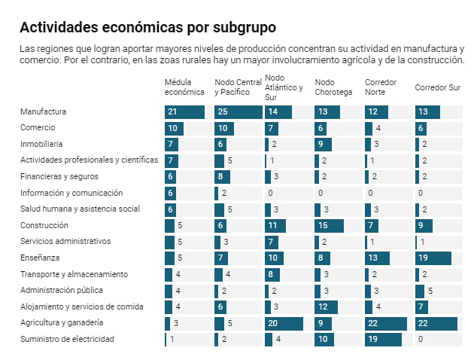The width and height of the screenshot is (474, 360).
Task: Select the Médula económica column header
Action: coord(184,87)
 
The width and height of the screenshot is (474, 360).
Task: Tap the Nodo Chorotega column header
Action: coord(333,87)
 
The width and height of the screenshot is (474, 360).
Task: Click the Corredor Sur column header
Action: coord(437,87)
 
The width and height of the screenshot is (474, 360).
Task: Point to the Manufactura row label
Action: coord(43,111)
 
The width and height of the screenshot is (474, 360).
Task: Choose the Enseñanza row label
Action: coord(41,258)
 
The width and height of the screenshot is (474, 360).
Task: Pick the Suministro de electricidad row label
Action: coord(67,339)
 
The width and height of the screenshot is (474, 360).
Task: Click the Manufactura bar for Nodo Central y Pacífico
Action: coord(237,112)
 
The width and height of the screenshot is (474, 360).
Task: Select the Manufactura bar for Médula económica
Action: coord(184,112)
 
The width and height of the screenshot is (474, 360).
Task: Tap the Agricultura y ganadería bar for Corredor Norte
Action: coord(385,323)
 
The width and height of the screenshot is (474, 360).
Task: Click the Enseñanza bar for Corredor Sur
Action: coord(433,258)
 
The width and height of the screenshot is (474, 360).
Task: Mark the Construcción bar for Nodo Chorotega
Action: coord(329,225)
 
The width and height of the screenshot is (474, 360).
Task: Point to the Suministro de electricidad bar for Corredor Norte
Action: coord(382,339)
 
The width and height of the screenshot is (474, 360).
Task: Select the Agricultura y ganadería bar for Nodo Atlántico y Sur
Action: coord(284,323)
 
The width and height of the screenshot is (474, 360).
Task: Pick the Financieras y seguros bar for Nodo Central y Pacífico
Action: coord(222,177)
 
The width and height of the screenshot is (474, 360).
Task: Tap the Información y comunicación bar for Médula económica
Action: coord(170,193)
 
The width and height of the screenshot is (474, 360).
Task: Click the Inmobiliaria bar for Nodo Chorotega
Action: coord(323,145)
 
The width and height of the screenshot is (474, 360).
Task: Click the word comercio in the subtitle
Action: coord(38,60)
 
